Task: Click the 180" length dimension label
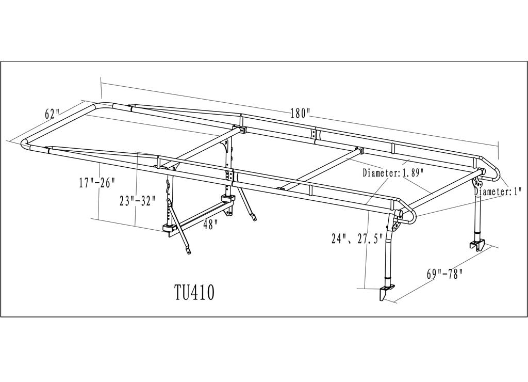pos(300,113)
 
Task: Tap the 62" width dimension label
pos(52,114)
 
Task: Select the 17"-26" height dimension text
pos(97,183)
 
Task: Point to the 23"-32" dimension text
pos(137,201)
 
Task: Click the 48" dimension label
pos(210,225)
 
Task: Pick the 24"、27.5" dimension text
pos(356,240)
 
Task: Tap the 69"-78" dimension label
pos(445,274)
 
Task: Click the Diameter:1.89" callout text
pos(392,173)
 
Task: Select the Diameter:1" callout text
pos(499,192)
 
